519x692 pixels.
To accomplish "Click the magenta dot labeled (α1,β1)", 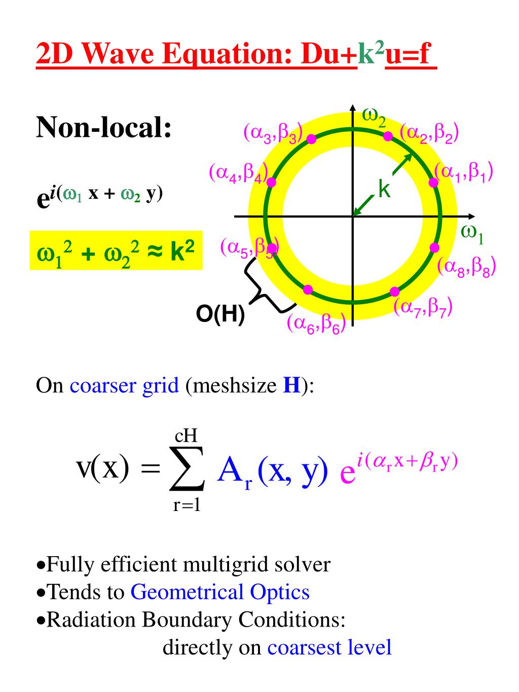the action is [433, 183].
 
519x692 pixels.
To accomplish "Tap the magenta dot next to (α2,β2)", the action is [388, 136].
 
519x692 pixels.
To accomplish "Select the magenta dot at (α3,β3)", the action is [312, 138].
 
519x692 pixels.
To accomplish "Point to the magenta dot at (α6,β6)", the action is [308, 289].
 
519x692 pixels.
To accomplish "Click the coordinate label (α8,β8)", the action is [466, 267].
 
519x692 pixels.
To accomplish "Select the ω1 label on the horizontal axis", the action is [472, 234].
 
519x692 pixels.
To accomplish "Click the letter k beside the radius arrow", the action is [385, 190].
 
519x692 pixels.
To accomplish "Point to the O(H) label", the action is [220, 314].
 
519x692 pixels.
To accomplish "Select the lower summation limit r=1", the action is [187, 506].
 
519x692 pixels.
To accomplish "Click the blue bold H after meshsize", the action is [291, 386].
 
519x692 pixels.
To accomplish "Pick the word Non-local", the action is [104, 127].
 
